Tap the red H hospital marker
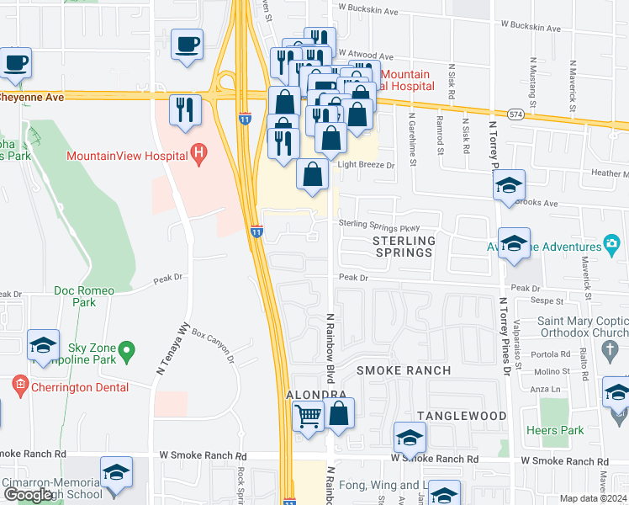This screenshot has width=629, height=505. click(198, 153)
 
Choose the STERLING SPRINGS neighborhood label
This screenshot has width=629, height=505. click(404, 247)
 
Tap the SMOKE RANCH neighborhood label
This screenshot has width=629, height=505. click(403, 370)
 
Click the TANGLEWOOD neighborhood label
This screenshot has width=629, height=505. click(462, 416)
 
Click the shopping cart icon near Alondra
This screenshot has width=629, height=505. click(309, 415)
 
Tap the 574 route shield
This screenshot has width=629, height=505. click(516, 113)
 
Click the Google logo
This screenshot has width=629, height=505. click(29, 495)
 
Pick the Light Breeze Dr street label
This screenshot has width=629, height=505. click(366, 165)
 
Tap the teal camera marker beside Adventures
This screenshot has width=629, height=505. click(611, 246)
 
